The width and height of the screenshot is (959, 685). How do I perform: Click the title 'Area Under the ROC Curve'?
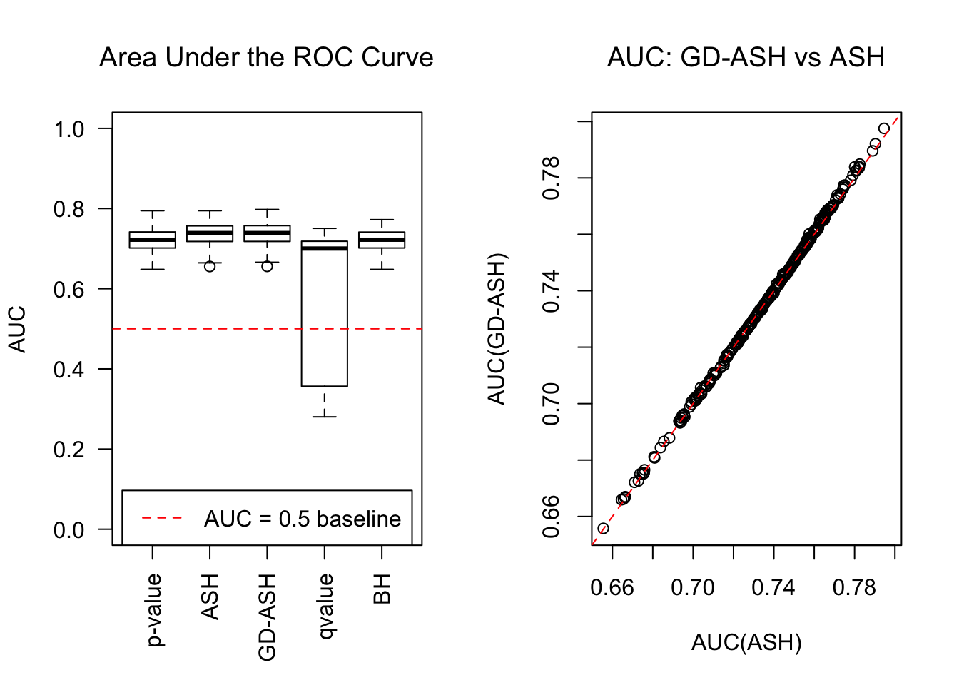[x=266, y=58]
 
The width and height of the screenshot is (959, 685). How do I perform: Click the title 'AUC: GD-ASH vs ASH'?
[x=746, y=58]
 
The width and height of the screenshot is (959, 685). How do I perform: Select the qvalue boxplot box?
[x=325, y=314]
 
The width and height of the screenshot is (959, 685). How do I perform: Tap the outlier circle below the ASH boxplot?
[x=210, y=266]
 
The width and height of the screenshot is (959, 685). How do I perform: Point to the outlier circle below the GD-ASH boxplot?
[x=267, y=266]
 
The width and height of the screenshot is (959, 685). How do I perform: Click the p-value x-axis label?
[x=153, y=611]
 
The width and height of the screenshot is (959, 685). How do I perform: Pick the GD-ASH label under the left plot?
[x=267, y=617]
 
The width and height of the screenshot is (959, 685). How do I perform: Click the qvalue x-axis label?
[x=325, y=607]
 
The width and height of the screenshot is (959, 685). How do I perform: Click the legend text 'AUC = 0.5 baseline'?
[x=303, y=519]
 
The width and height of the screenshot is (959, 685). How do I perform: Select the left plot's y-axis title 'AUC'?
[x=17, y=329]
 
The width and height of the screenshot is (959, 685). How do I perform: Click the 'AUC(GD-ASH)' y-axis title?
[x=497, y=329]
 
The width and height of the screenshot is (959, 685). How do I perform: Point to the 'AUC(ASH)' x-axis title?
[x=746, y=643]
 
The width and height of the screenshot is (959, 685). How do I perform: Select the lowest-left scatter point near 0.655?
[x=603, y=529]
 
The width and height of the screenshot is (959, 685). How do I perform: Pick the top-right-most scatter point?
[x=884, y=128]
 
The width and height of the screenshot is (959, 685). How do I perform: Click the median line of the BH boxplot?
[x=382, y=240]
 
